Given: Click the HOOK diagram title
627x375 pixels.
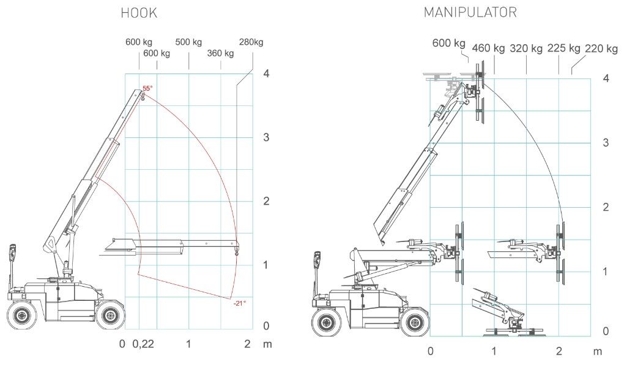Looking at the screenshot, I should (x=139, y=13).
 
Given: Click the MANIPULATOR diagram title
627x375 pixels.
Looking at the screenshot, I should (x=470, y=12).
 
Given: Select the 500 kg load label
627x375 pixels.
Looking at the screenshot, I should (x=188, y=42).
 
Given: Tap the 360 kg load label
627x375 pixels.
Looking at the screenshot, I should (x=220, y=53).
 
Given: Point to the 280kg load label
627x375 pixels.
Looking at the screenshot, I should (x=251, y=42).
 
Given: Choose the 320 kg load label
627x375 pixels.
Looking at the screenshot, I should (x=526, y=48).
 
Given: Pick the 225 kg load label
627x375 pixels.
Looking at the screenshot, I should (x=563, y=48).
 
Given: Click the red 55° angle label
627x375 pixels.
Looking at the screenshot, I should (x=147, y=89).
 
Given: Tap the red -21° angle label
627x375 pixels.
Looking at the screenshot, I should (x=239, y=303).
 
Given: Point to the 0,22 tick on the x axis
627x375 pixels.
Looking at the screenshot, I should (x=143, y=344).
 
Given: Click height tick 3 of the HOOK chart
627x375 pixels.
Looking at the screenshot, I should (x=266, y=137).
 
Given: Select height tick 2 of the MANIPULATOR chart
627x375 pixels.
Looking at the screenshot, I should (x=606, y=207).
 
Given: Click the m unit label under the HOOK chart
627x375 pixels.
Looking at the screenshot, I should (x=267, y=344).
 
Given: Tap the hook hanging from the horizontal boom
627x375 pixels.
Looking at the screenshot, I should (x=236, y=249).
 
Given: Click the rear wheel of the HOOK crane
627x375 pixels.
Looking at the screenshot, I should (x=22, y=316).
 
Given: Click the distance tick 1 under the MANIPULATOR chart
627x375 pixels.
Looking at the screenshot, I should (x=494, y=351).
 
